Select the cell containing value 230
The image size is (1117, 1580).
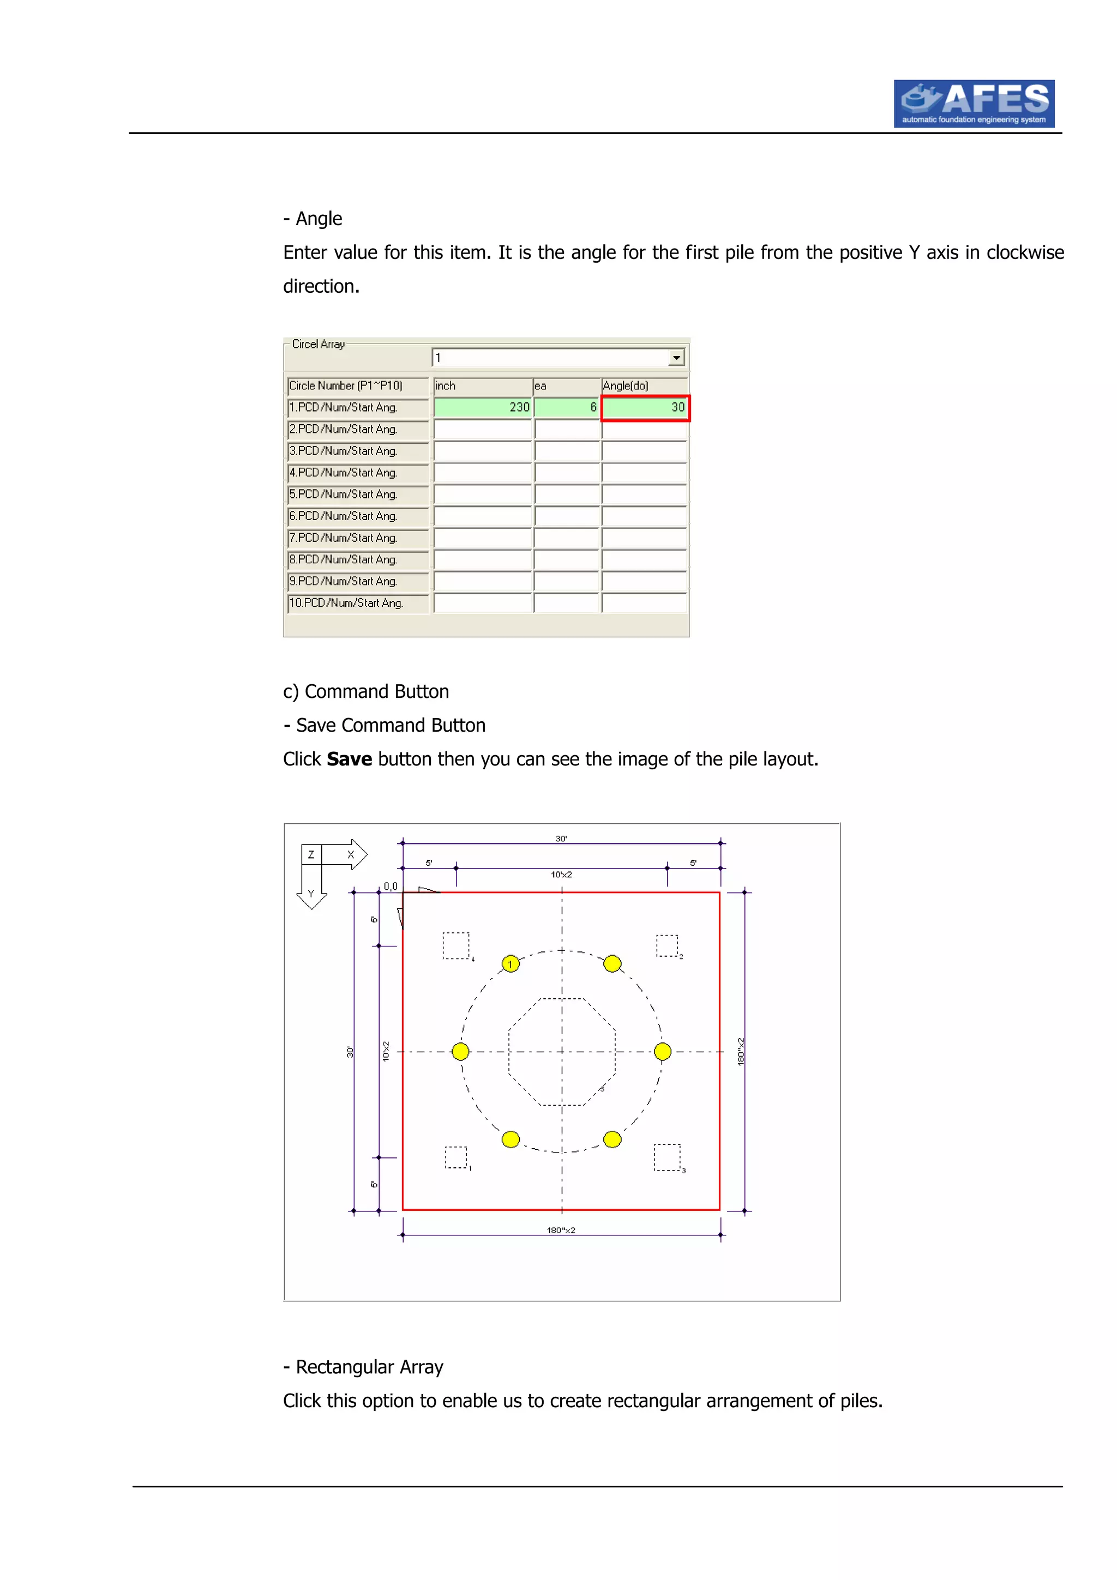click(483, 407)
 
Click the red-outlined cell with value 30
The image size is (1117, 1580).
click(645, 407)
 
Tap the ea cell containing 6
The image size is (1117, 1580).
click(567, 407)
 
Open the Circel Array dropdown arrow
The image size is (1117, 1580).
click(676, 357)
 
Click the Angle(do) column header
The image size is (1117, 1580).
click(644, 386)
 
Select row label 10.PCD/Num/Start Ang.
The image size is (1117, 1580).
click(346, 603)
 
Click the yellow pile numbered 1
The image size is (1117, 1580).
click(510, 963)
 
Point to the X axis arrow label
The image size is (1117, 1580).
click(350, 855)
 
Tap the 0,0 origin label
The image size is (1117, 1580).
click(390, 887)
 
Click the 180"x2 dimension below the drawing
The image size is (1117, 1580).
click(561, 1230)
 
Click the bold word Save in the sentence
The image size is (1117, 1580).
click(349, 759)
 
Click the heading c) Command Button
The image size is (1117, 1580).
click(365, 692)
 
